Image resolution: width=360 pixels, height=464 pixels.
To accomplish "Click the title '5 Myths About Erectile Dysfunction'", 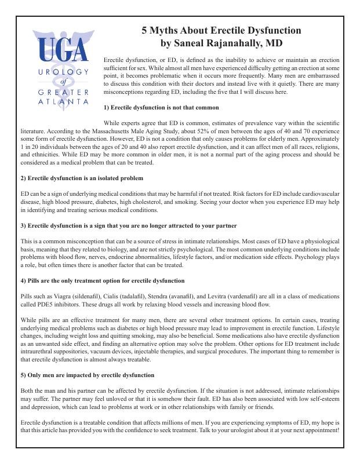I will click(x=221, y=31).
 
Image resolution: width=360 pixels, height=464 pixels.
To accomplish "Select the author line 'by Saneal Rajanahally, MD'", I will click(x=221, y=43).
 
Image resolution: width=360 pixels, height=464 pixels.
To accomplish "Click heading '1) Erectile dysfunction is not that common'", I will click(x=161, y=108).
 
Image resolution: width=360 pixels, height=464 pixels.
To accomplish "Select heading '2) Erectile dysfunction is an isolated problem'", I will click(x=82, y=178).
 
